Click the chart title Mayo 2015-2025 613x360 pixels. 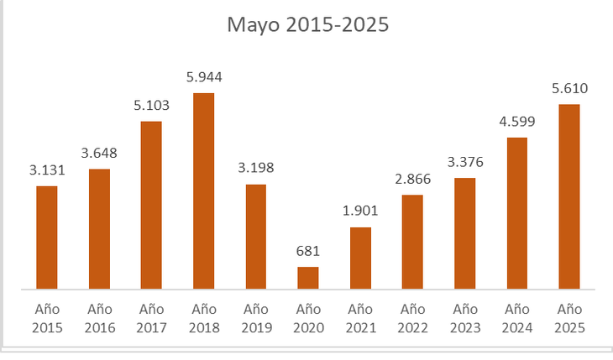point(308,25)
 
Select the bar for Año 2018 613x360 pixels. point(204,191)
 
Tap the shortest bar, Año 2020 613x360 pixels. point(308,278)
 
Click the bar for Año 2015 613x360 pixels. point(47,237)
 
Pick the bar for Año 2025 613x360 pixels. point(569,197)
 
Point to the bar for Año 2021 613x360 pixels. point(360,258)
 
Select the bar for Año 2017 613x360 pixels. point(151,206)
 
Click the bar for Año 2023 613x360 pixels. point(465,233)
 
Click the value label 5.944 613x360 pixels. point(204,77)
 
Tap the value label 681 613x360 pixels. point(308,251)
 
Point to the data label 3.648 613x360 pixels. point(99,154)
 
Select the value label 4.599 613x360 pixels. point(517,122)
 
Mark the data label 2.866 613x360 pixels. point(412,180)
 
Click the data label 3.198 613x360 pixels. point(256,168)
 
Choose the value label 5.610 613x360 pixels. point(569,88)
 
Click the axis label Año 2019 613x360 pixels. point(256,318)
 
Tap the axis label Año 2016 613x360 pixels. point(99,318)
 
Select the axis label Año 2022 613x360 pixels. point(412,318)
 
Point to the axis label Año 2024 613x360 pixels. point(517,318)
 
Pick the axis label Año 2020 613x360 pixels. point(308,318)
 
